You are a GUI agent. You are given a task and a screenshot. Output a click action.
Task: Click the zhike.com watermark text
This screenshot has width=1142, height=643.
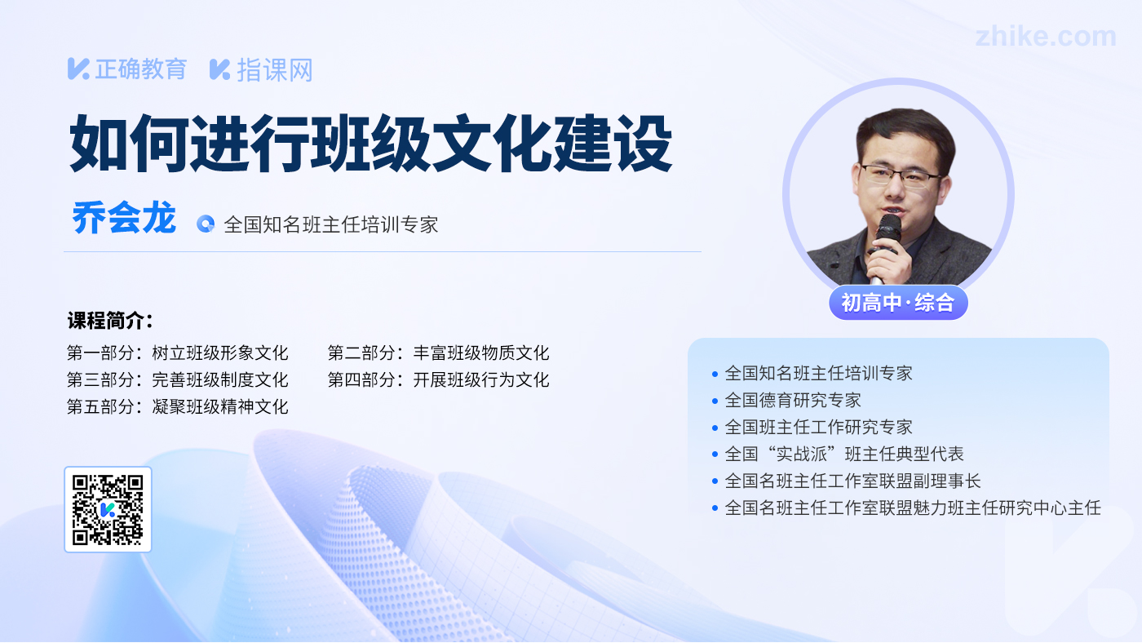pyautogui.click(x=1046, y=36)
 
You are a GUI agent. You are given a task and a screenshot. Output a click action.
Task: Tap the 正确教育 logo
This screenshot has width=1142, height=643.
pyautogui.click(x=127, y=69)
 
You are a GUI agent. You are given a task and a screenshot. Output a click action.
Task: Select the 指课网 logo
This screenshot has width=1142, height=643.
pyautogui.click(x=261, y=70)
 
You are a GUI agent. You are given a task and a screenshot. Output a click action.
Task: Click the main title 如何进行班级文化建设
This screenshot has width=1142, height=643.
pyautogui.click(x=371, y=144)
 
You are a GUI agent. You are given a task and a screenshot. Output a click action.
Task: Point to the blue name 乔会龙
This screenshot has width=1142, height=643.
pyautogui.click(x=124, y=218)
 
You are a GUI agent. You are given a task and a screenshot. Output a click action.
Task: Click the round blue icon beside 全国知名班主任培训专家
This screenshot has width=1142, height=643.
pyautogui.click(x=206, y=224)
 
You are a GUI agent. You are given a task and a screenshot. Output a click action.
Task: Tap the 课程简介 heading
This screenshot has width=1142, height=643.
pyautogui.click(x=110, y=321)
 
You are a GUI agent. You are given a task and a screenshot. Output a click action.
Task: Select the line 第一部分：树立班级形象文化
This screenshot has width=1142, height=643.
pyautogui.click(x=178, y=353)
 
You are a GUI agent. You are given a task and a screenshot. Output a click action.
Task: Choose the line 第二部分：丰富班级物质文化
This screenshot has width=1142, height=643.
pyautogui.click(x=439, y=353)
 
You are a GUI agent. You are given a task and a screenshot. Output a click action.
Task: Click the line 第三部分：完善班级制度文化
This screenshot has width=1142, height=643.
pyautogui.click(x=178, y=380)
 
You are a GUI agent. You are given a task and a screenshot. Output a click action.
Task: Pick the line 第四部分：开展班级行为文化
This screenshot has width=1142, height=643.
pyautogui.click(x=439, y=380)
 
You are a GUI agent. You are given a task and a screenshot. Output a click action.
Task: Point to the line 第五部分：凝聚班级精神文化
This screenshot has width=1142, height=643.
pyautogui.click(x=178, y=407)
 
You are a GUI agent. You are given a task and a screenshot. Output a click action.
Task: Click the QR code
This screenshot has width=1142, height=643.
pyautogui.click(x=108, y=509)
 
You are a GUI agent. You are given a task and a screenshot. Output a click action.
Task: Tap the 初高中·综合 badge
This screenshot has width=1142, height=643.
pyautogui.click(x=898, y=303)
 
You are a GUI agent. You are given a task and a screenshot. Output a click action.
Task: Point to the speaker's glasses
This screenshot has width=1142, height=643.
pyautogui.click(x=899, y=175)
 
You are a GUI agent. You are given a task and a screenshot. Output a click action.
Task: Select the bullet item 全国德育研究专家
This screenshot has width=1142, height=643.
pyautogui.click(x=786, y=401)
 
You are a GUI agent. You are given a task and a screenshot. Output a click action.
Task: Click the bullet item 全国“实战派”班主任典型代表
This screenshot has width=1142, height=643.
pyautogui.click(x=838, y=454)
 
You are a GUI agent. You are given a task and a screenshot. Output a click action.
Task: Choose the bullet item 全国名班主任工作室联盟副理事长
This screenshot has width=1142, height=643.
pyautogui.click(x=847, y=481)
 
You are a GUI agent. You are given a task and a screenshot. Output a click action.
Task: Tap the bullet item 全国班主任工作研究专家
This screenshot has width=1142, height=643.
pyautogui.click(x=812, y=427)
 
